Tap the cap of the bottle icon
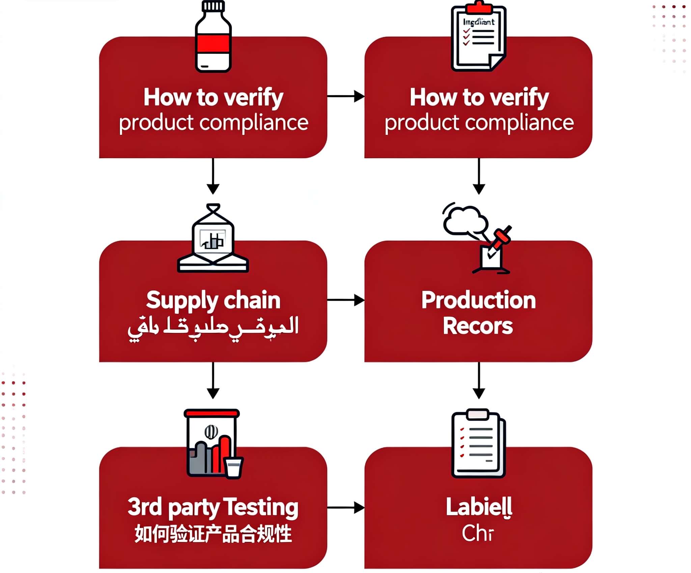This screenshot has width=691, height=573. tap(213, 6)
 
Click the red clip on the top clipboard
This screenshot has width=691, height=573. tap(478, 7)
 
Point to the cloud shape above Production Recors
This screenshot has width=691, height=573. tap(465, 221)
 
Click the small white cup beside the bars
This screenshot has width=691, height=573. tap(233, 467)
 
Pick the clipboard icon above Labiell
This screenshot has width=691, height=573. tap(478, 443)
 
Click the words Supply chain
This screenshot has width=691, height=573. tap(213, 300)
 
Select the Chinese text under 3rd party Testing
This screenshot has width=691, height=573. tap(213, 534)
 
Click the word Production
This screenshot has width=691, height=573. tap(478, 300)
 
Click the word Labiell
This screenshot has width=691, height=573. tap(479, 507)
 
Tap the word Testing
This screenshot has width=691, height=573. tap(260, 507)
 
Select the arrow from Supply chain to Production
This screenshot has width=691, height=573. tap(345, 300)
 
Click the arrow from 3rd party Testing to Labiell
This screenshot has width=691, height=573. tap(345, 507)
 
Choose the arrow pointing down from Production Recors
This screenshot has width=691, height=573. tap(479, 380)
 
